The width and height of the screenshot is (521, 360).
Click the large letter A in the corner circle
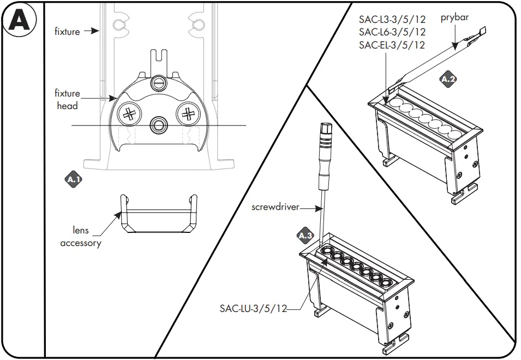pos(19,21)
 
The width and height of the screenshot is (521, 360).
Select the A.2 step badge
pos(448,80)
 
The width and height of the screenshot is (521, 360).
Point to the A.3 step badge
pos(306,236)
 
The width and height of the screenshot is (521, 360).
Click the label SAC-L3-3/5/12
pos(392,20)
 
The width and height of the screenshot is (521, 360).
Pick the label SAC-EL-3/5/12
pos(392,45)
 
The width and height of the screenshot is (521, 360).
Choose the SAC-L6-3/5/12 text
pos(392,32)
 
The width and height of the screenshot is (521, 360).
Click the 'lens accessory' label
pos(81,237)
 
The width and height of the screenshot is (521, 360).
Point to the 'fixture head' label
pos(67,99)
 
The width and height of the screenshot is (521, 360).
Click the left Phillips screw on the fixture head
pos(129,114)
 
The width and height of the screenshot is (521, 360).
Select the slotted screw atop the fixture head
pos(159,82)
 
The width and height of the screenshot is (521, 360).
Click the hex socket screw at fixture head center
pos(159,124)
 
